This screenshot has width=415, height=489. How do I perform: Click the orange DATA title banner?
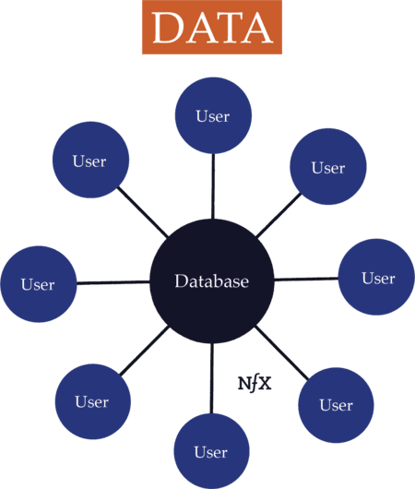point(212,28)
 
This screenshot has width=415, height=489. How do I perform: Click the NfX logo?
point(254,383)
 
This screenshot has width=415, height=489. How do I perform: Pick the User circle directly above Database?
point(213,115)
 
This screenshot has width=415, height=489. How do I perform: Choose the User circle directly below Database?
point(211,451)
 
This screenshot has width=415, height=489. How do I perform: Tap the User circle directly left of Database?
point(38,284)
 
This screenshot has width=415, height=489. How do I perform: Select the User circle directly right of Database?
point(376,277)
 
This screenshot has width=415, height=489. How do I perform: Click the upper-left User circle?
point(89,161)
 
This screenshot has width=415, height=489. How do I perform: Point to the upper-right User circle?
point(328,167)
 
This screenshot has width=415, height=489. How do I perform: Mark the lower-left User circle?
point(92,401)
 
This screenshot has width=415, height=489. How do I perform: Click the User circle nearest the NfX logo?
point(337,404)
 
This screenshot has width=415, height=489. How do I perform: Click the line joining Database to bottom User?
point(212,378)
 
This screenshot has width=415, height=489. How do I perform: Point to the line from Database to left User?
point(113,282)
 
